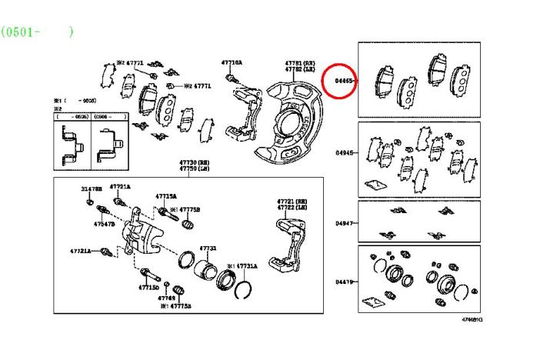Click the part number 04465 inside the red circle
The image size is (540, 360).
pyautogui.click(x=343, y=79)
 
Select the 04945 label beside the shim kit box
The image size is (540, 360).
pyautogui.click(x=344, y=153)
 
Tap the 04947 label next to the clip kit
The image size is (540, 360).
pyautogui.click(x=344, y=223)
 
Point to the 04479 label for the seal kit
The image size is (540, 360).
pyautogui.click(x=344, y=282)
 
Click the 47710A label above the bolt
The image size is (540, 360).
pyautogui.click(x=232, y=62)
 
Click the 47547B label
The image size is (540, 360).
pyautogui.click(x=104, y=224)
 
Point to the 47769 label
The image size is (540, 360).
pyautogui.click(x=167, y=297)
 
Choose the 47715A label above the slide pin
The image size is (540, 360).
pyautogui.click(x=165, y=196)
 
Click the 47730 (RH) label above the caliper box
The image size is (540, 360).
pyautogui.click(x=195, y=163)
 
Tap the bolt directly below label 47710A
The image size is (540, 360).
pyautogui.click(x=231, y=78)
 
